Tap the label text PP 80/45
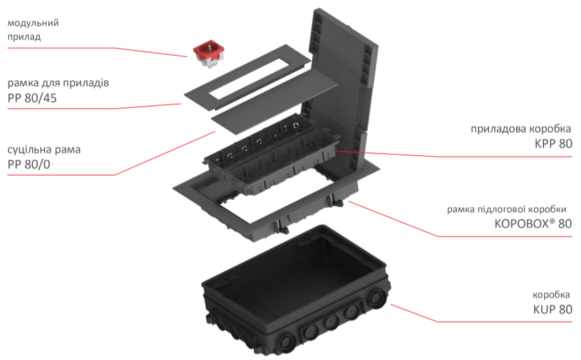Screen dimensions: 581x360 coord(32,99)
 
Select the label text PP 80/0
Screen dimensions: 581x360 coord(29,164)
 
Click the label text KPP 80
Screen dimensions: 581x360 coord(554,143)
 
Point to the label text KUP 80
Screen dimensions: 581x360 coord(552,309)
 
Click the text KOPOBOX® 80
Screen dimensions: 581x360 coord(533,223)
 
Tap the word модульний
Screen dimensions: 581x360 coord(33,23)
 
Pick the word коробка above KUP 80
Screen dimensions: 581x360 coord(551,295)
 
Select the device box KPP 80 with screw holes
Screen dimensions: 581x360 coord(271,156)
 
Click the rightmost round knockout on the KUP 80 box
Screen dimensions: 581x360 coord(378,298)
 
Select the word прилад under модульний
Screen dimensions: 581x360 coord(24,37)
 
